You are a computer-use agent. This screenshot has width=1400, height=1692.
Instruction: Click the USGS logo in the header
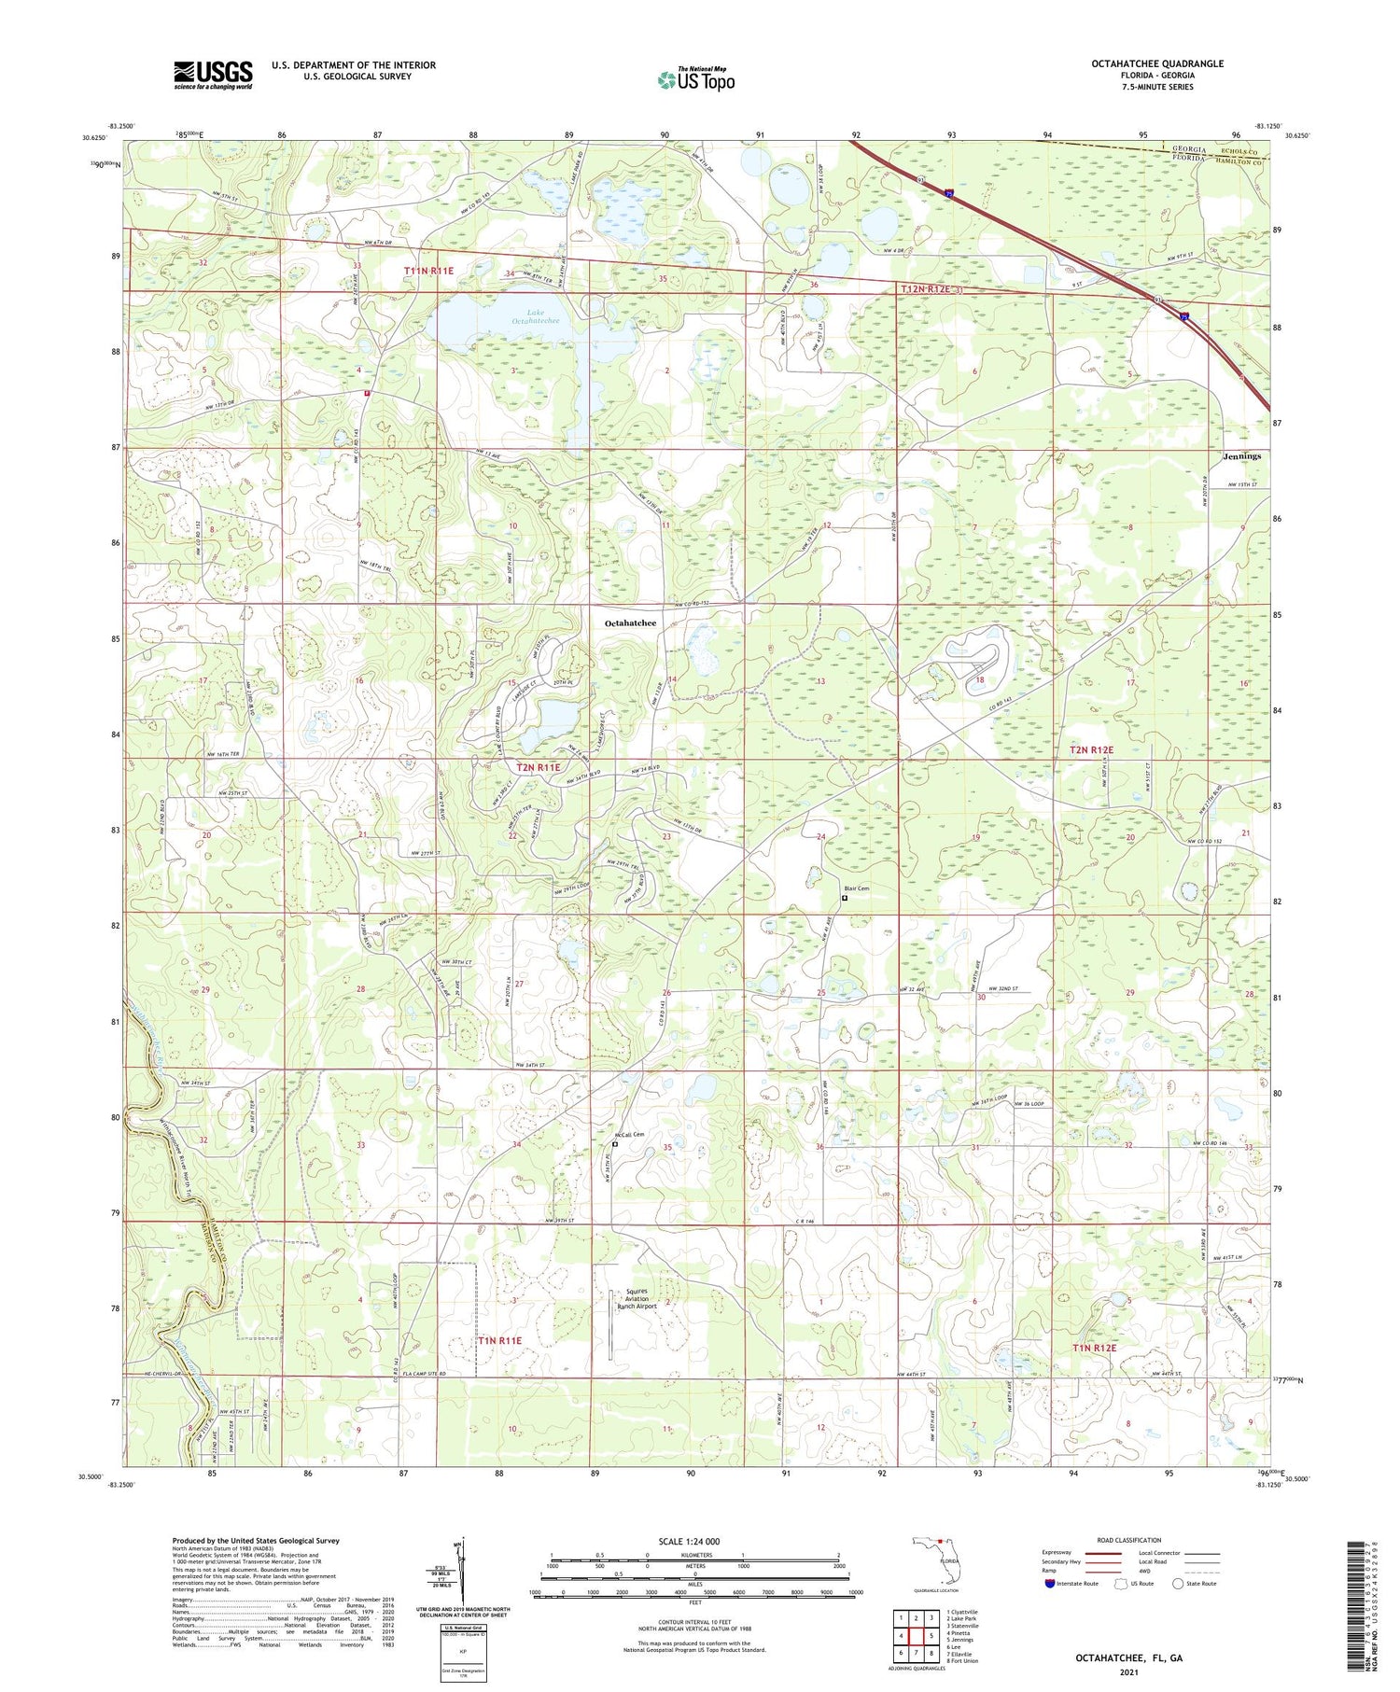pyautogui.click(x=213, y=75)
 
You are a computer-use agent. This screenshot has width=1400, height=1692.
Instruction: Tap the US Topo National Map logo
pyautogui.click(x=696, y=79)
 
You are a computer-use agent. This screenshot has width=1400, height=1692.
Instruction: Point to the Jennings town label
pyautogui.click(x=1241, y=456)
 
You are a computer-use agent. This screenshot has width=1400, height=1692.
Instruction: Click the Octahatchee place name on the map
pyautogui.click(x=630, y=622)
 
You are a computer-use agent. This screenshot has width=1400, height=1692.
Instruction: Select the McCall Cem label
pyautogui.click(x=628, y=1135)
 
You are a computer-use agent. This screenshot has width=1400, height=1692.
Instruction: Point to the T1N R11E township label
pyautogui.click(x=499, y=1340)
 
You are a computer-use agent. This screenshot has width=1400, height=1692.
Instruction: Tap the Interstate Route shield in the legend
pyautogui.click(x=1051, y=1584)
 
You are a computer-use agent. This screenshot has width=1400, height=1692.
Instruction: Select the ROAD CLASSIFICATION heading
pyautogui.click(x=1129, y=1541)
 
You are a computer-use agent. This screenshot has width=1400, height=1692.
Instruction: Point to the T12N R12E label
pyautogui.click(x=925, y=289)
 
